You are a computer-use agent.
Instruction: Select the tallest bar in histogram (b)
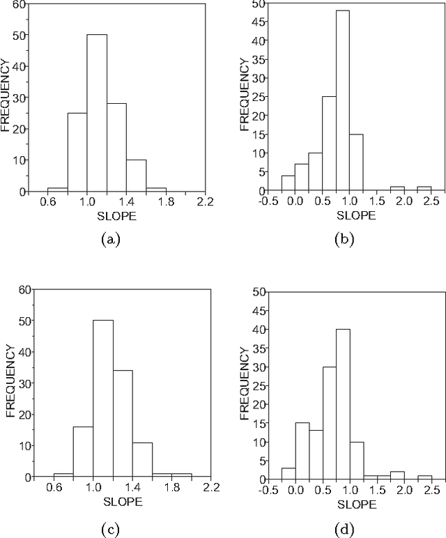(x=341, y=101)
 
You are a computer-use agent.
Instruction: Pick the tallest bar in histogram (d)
(x=341, y=404)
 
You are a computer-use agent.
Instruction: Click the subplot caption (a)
(x=110, y=239)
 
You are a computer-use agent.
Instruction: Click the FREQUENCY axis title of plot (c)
(x=10, y=382)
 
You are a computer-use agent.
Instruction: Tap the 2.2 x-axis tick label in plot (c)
(x=210, y=487)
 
